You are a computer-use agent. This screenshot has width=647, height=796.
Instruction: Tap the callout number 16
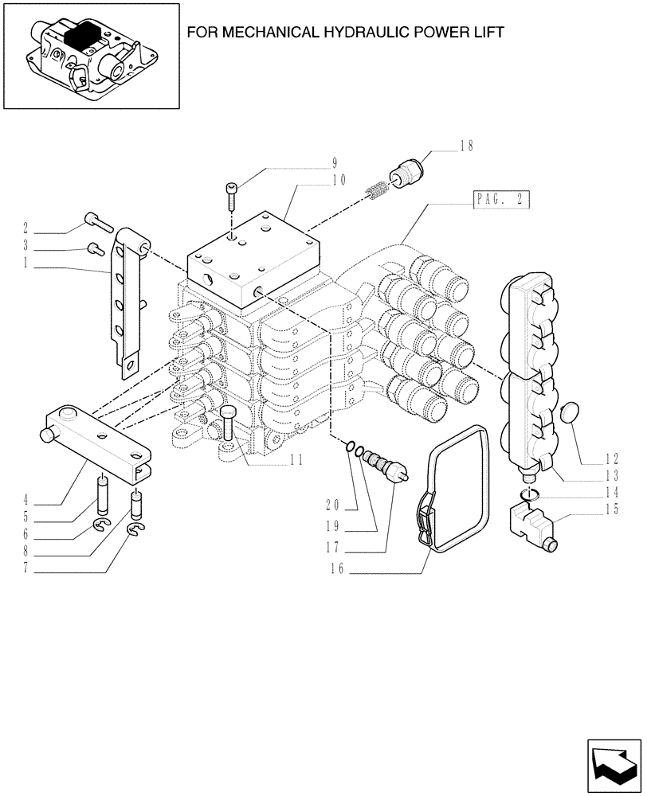(337, 571)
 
